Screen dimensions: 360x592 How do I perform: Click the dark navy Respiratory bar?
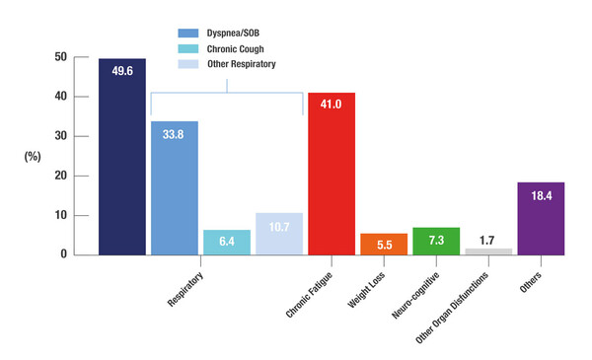click(x=122, y=158)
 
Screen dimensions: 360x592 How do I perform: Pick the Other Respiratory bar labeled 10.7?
click(x=279, y=234)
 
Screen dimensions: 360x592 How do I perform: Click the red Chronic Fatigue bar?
click(x=332, y=173)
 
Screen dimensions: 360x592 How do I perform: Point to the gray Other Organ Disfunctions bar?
click(x=488, y=251)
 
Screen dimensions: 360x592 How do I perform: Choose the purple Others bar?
click(x=541, y=218)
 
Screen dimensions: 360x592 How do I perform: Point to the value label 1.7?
click(x=488, y=241)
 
